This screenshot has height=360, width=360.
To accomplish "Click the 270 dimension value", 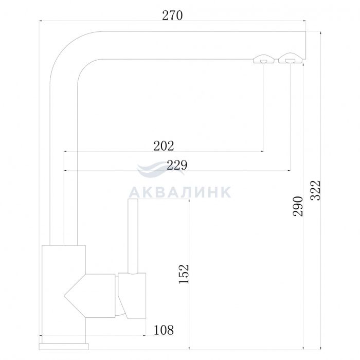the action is (x=172, y=15).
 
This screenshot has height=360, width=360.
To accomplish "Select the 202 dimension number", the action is (x=164, y=146).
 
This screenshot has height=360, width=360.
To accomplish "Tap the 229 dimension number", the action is (x=177, y=165).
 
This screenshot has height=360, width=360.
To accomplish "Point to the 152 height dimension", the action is (x=184, y=274).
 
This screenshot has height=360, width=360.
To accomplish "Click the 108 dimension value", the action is (x=164, y=330).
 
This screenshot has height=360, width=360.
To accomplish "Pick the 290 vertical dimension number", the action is (x=298, y=206).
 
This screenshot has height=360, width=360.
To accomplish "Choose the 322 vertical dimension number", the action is (x=315, y=190).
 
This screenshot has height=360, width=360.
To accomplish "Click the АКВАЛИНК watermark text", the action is (x=180, y=192).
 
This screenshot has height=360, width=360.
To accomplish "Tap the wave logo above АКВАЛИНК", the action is (x=160, y=169).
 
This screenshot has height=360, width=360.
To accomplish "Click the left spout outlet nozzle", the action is (x=263, y=59).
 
